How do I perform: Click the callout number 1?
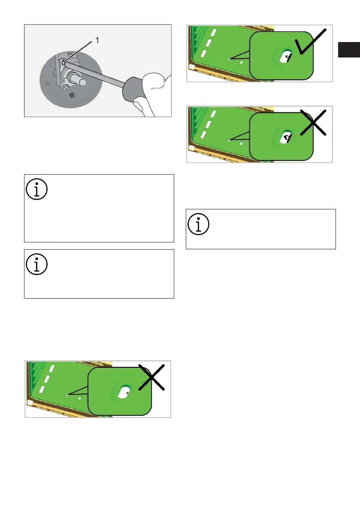click(x=97, y=40)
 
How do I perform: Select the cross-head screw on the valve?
click(x=66, y=87)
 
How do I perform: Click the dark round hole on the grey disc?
click(x=73, y=95)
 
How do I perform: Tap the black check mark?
click(x=310, y=42)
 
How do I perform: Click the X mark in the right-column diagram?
click(x=313, y=123)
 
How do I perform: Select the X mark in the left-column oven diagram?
click(x=151, y=377)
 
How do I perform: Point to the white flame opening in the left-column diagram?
click(x=124, y=393)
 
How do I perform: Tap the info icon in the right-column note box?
click(x=198, y=224)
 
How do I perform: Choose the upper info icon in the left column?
click(x=37, y=189)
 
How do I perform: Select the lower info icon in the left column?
click(x=37, y=264)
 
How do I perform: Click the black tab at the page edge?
click(x=349, y=49)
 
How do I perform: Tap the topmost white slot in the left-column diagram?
click(x=52, y=368)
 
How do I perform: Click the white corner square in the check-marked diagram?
click(x=191, y=67)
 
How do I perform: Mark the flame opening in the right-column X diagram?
click(x=286, y=138)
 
